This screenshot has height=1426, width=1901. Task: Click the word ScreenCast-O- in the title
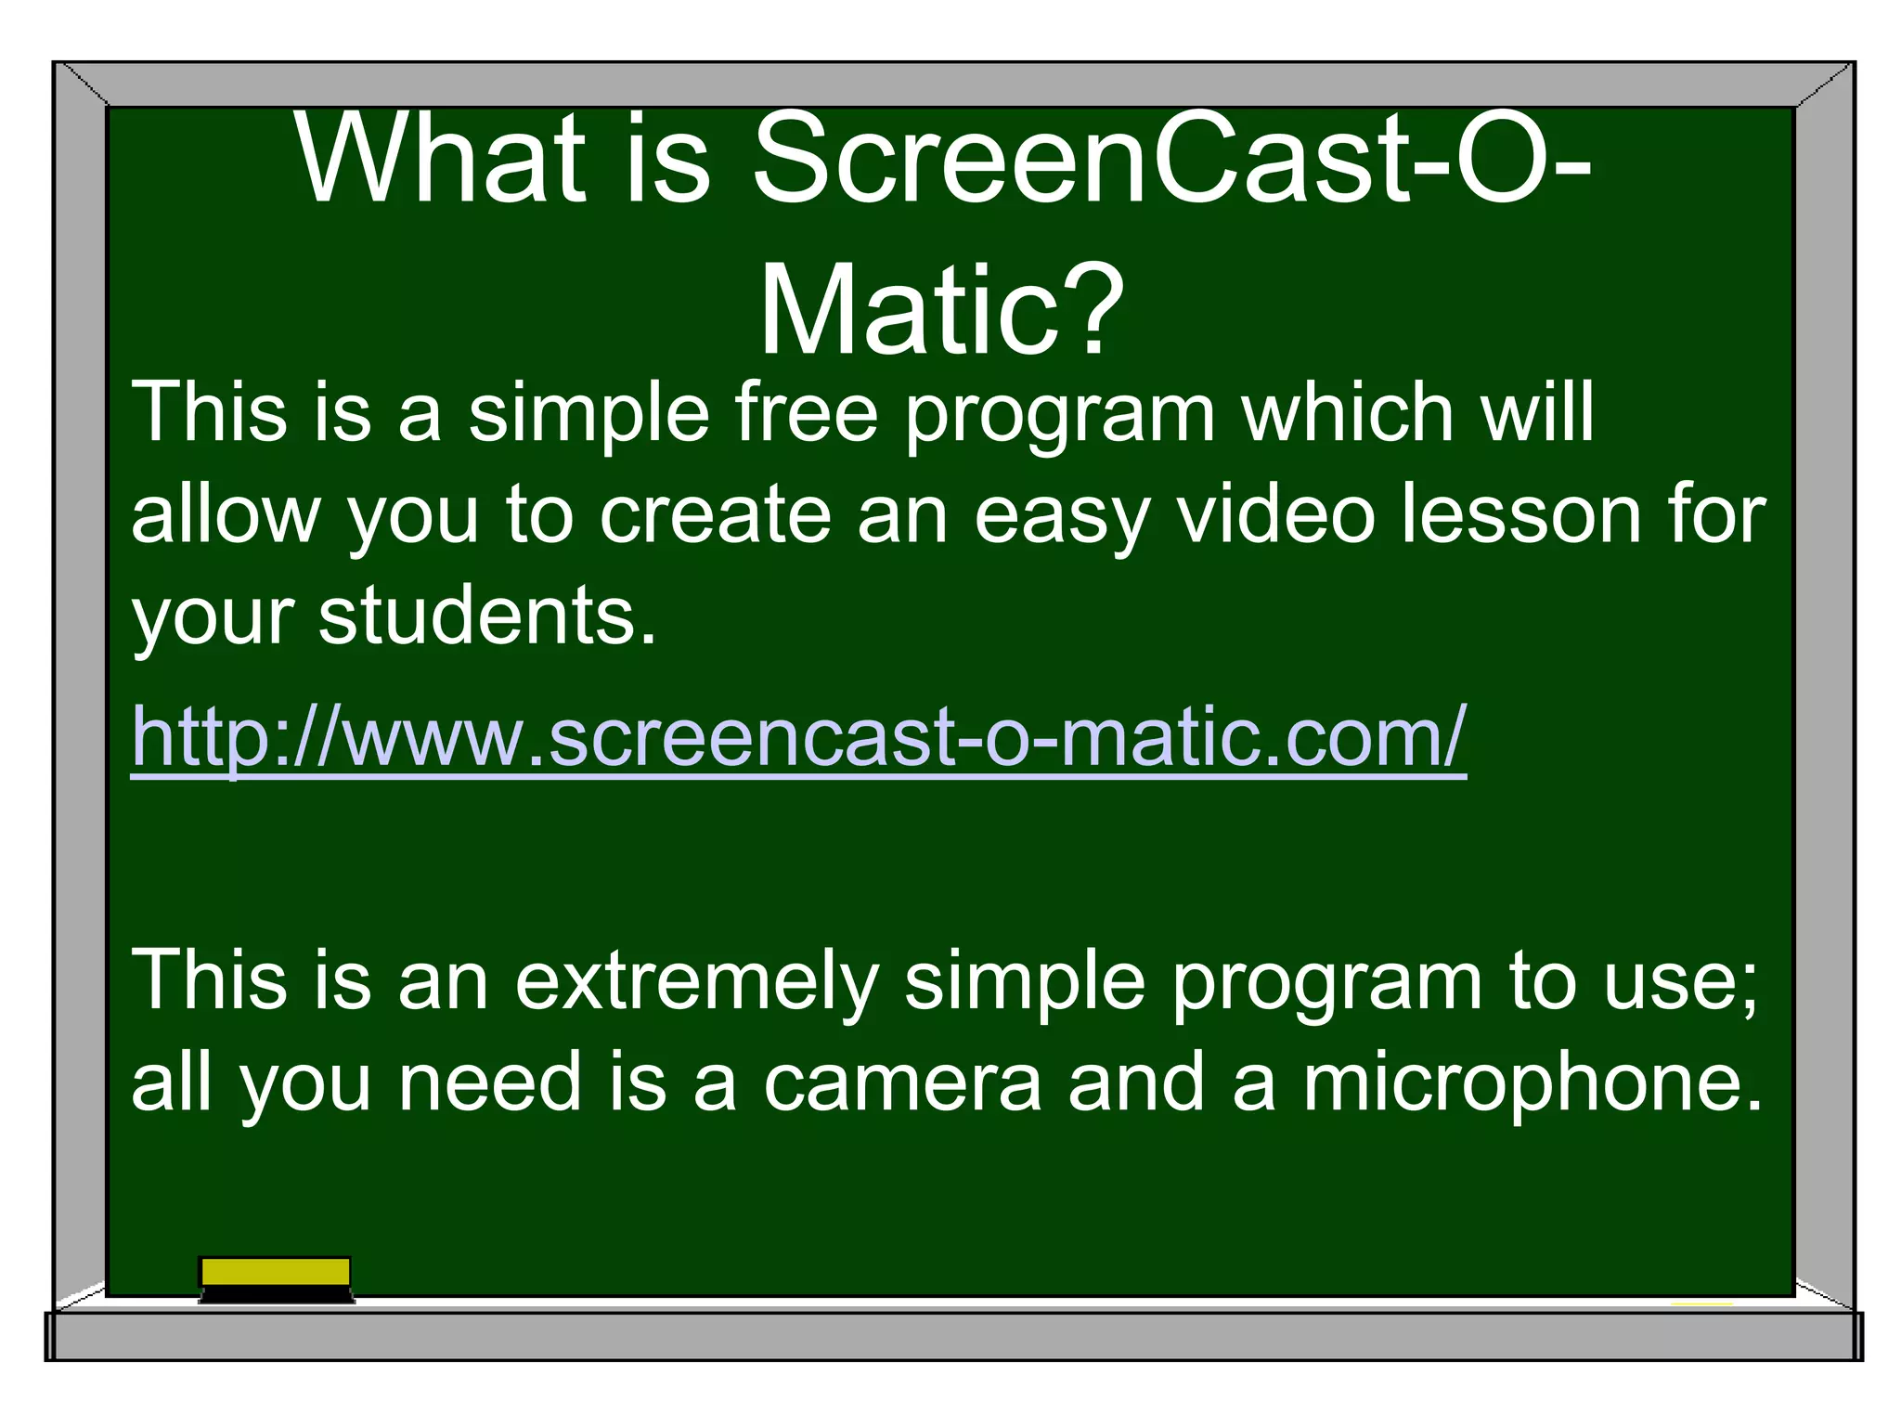pos(1171,160)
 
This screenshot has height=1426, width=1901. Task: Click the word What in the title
pos(442,160)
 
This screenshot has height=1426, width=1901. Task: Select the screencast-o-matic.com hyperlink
pos(798,737)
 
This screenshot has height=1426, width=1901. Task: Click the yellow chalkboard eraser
pos(276,1277)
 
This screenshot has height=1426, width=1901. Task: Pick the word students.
pos(486,616)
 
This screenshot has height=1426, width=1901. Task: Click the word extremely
pos(696,981)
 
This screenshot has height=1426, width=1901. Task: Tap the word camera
pos(902,1082)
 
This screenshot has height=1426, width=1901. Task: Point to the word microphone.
pos(1532,1082)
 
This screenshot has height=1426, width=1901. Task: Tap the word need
pos(490,1082)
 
